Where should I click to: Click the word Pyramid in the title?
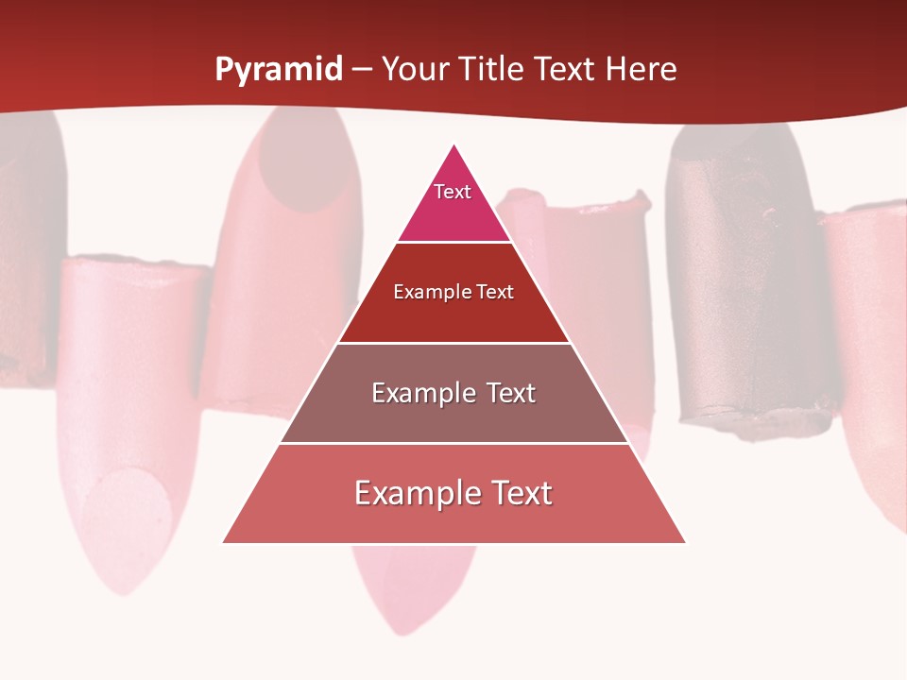coord(279,70)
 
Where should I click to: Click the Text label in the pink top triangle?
coord(453,192)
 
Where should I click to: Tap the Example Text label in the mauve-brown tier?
coord(453,393)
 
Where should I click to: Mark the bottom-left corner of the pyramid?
coord(224,542)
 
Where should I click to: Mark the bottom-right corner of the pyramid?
coord(685,542)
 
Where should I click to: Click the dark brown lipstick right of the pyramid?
coord(746,283)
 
